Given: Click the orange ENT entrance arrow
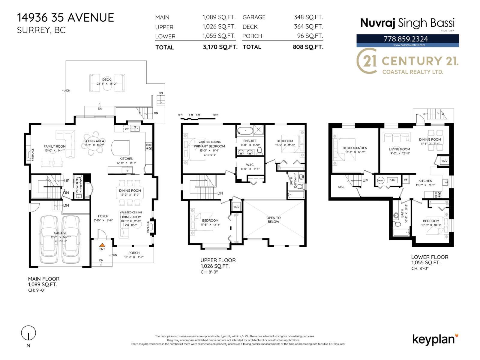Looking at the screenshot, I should (x=102, y=245).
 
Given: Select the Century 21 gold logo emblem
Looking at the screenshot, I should (x=367, y=61).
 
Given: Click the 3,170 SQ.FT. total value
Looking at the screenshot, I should (x=220, y=47).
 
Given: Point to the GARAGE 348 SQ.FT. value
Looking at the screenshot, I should (x=308, y=17).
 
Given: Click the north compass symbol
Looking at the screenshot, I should (x=28, y=333).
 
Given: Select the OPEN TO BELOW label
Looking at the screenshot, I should (x=273, y=220).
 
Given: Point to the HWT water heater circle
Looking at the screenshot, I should (x=381, y=181).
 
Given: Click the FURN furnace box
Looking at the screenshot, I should (x=392, y=180).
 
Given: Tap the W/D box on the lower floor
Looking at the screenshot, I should (x=444, y=161).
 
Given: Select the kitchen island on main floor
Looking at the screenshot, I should (x=120, y=147).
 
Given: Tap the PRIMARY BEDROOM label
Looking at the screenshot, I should (x=209, y=146).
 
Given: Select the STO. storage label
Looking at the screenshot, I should (x=341, y=187).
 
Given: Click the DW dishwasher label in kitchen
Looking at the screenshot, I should (x=127, y=129).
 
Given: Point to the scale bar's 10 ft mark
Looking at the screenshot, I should (x=216, y=115).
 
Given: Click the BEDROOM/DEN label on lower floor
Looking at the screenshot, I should (x=355, y=148).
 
